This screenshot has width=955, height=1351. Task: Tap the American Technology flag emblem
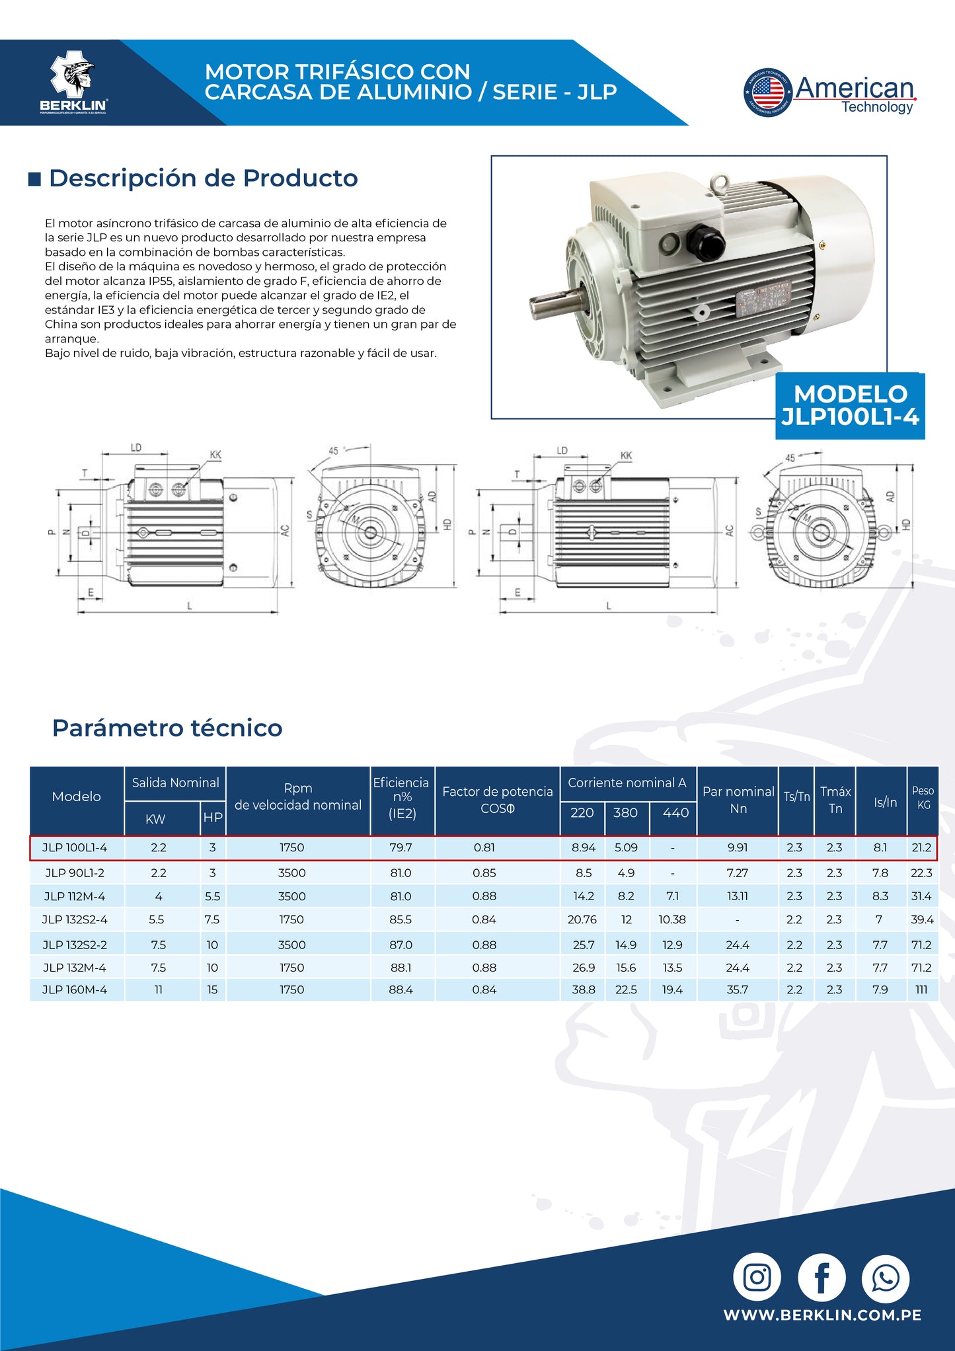pos(767,92)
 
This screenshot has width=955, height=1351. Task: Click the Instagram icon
pos(757,1277)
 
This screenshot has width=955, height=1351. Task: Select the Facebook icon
pos(821,1278)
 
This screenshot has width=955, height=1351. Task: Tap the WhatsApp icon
pos(885,1278)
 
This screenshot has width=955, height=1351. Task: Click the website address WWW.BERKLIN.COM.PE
pos(822,1315)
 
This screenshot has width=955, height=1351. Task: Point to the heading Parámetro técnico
pos(167,728)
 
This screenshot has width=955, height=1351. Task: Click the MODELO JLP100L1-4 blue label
pos(850,405)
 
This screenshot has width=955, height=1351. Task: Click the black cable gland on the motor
pos(705,241)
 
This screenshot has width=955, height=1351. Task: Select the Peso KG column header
pos(923,797)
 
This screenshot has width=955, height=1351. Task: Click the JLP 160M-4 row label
pos(75,989)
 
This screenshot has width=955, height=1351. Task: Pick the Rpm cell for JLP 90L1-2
pos(291,872)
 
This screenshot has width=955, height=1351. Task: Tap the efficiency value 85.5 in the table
pos(401,919)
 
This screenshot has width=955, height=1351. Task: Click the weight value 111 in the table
pos(921,989)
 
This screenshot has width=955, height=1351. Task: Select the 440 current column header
pos(675,812)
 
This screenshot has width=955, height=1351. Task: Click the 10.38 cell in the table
pos(672,919)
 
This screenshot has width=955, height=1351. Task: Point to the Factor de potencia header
pos(497,799)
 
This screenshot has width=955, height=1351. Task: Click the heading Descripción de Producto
pos(203,178)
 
